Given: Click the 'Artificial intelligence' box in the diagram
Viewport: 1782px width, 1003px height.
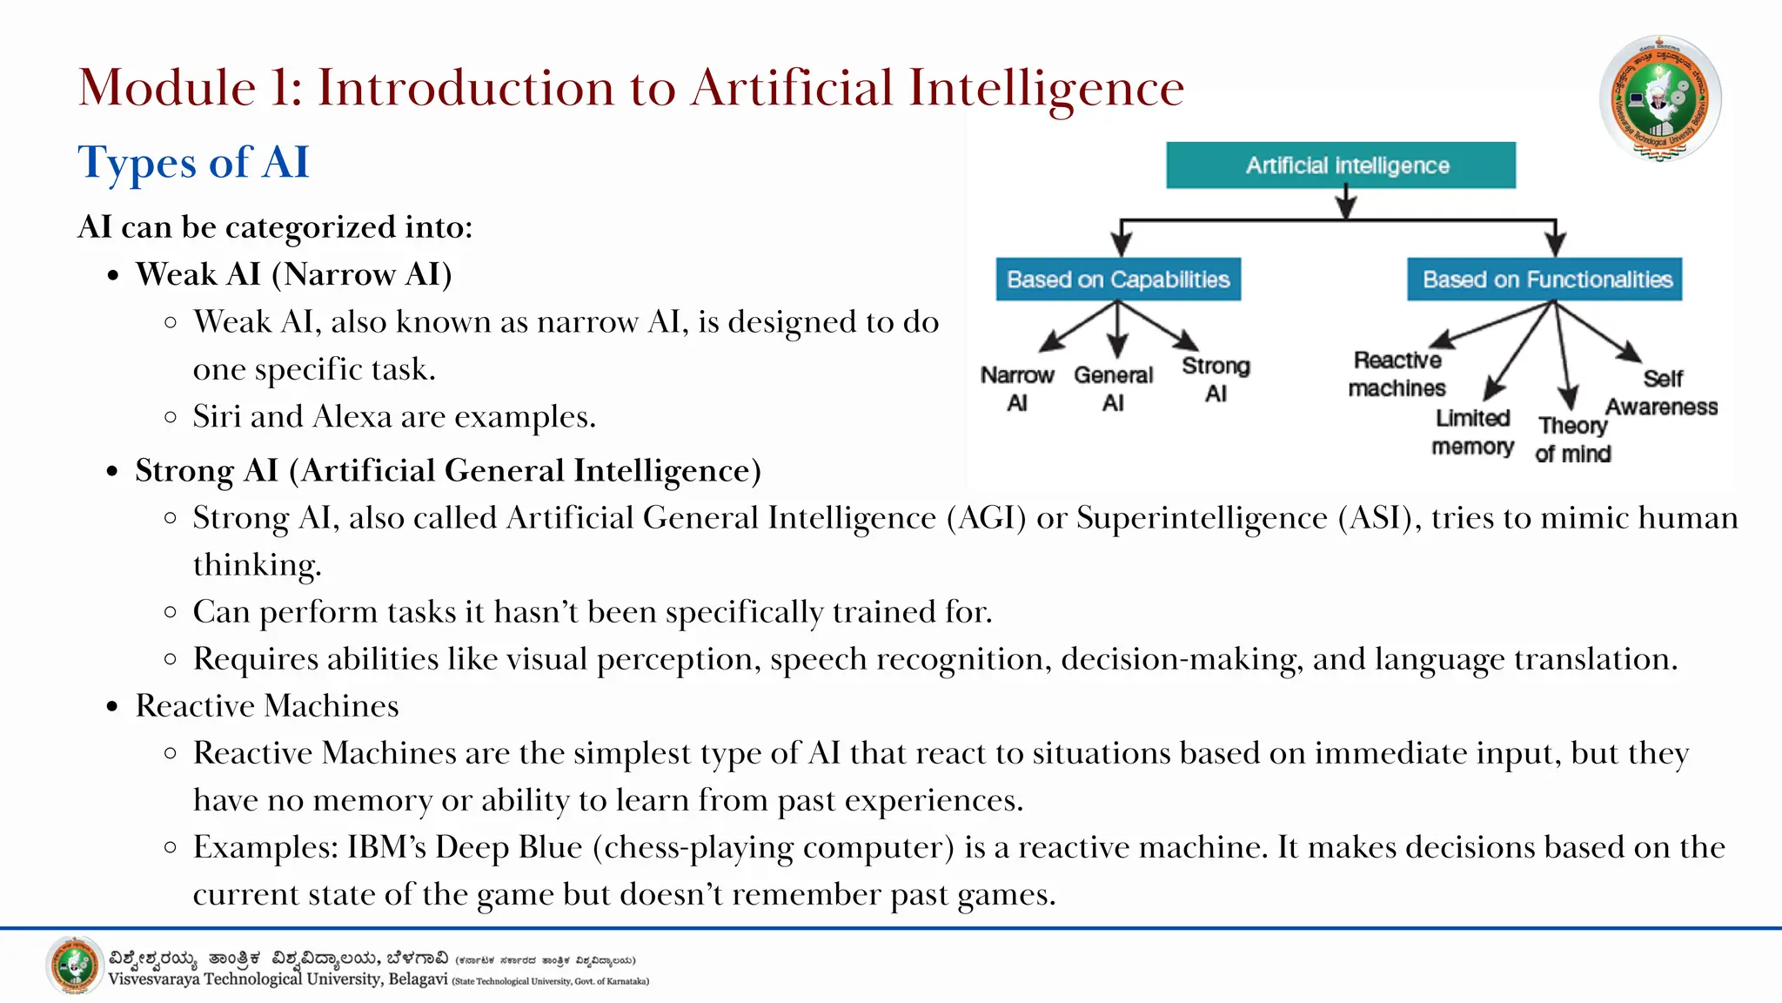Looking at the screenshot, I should [x=1341, y=165].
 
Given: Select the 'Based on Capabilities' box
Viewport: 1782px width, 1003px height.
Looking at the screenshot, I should [x=1118, y=279].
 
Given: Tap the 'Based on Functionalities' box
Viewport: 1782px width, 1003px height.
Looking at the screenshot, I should [x=1544, y=279].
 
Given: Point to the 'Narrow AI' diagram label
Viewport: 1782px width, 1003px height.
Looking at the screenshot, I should [x=1017, y=388].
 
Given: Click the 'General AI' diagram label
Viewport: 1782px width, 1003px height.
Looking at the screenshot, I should [x=1113, y=388].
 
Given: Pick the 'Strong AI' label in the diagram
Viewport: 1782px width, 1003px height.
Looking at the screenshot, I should [x=1216, y=380].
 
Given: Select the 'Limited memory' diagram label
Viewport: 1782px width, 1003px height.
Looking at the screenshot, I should [x=1473, y=432].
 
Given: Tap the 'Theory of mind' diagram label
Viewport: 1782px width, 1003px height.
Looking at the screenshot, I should [x=1572, y=439].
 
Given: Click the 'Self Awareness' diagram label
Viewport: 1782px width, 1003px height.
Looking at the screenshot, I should [x=1661, y=393].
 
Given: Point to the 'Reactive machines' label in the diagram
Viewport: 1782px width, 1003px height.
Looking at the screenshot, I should [x=1397, y=374].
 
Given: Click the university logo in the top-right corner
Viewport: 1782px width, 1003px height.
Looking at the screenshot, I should [x=1660, y=98].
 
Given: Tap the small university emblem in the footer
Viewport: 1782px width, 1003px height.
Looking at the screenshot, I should [x=74, y=966].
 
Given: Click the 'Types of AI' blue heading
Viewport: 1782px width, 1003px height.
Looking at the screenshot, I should [x=193, y=163].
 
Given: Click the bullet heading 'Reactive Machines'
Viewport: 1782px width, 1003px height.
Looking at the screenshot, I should [x=267, y=706].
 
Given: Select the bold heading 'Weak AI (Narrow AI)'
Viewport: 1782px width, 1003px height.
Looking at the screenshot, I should [x=293, y=274].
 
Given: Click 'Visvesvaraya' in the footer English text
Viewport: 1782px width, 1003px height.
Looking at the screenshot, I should [x=153, y=979].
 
